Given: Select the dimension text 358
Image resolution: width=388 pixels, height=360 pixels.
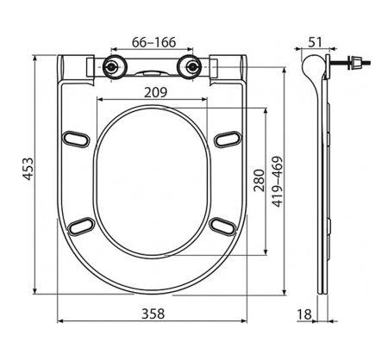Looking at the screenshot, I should [152, 313].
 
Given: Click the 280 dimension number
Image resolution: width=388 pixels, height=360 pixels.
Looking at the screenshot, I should [256, 178].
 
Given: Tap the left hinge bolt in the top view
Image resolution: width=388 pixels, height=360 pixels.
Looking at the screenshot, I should [112, 68].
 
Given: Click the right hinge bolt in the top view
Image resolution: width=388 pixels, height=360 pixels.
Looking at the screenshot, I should [191, 68].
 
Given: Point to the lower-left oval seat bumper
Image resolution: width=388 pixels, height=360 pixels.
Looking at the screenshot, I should [82, 225].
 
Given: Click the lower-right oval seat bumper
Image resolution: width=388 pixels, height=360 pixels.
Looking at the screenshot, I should [222, 225].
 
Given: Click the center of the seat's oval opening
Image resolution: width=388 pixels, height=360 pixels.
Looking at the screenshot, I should [152, 183].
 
